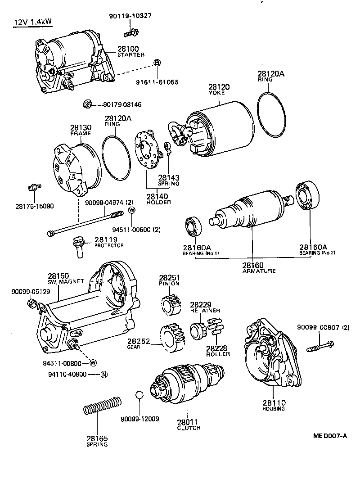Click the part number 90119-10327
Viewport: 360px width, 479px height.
(x=130, y=16)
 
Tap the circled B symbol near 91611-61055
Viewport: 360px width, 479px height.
(x=157, y=62)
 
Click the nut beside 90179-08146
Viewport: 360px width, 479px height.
(x=88, y=104)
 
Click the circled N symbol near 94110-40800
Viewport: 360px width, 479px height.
(x=103, y=374)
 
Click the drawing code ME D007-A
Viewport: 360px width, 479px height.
(x=330, y=436)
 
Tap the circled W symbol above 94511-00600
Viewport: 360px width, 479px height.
(x=132, y=210)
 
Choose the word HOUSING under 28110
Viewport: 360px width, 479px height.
(x=274, y=408)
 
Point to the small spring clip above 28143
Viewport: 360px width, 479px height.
(x=166, y=147)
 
